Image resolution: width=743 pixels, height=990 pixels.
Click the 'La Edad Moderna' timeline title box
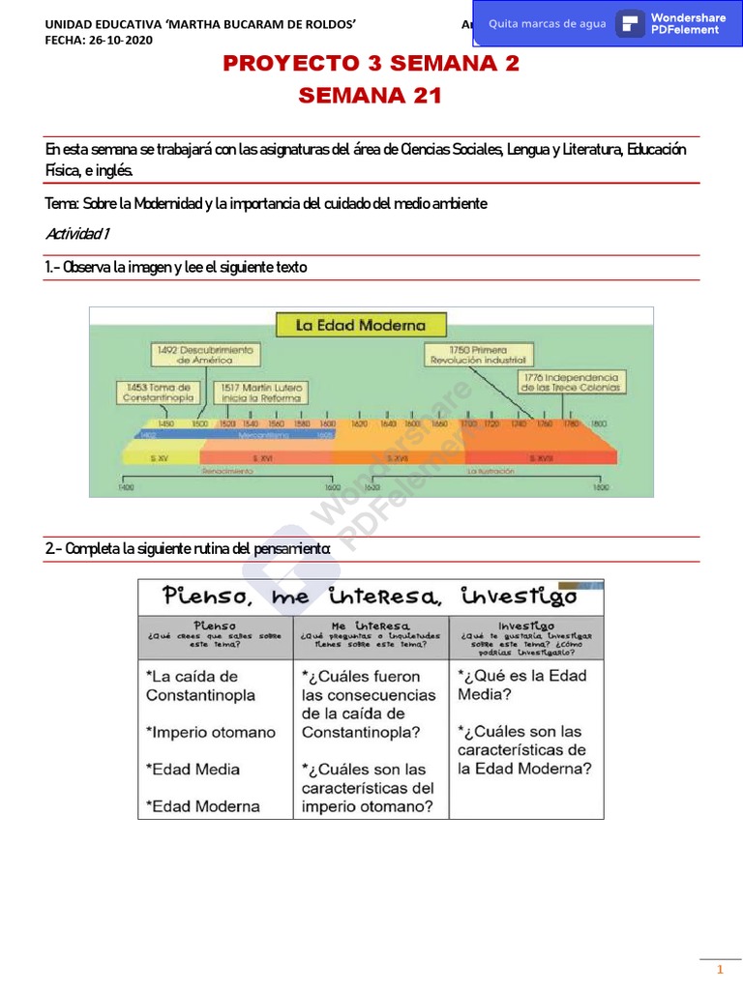click(x=359, y=325)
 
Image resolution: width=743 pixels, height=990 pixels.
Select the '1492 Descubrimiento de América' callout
click(x=203, y=354)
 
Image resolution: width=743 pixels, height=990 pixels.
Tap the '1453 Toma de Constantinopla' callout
click(x=159, y=392)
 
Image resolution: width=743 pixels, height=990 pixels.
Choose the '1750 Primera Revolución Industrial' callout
click(x=478, y=353)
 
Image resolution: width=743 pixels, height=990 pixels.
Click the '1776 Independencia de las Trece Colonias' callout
click(x=571, y=381)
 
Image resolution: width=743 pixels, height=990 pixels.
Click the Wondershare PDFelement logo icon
click(x=630, y=24)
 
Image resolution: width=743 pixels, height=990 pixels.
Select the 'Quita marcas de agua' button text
click(x=548, y=24)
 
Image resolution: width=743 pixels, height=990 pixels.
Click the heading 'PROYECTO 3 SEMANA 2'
click(x=371, y=64)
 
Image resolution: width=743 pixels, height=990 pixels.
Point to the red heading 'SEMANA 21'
click(x=371, y=96)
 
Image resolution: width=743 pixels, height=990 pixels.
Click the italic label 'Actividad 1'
click(x=78, y=234)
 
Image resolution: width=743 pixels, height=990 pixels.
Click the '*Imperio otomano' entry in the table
click(x=210, y=732)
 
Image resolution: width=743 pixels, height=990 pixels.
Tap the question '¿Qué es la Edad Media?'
click(x=522, y=684)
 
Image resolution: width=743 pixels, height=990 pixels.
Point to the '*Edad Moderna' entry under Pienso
click(x=202, y=805)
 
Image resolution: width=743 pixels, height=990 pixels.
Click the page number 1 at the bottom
click(x=719, y=970)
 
